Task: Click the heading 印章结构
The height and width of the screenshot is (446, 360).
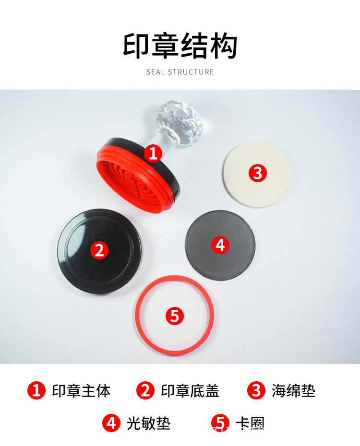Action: (x=180, y=46)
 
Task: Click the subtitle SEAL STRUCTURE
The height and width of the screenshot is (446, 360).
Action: (x=180, y=72)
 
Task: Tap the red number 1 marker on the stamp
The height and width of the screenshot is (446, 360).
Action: (x=153, y=153)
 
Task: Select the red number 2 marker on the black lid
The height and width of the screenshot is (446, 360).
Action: (x=99, y=250)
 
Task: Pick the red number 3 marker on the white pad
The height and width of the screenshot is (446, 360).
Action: (x=258, y=173)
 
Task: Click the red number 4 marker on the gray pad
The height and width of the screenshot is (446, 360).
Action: (x=220, y=245)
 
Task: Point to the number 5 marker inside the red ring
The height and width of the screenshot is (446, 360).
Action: (x=174, y=316)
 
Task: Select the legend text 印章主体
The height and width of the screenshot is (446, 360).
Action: (x=81, y=391)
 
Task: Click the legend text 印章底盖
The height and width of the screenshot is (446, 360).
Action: (x=190, y=391)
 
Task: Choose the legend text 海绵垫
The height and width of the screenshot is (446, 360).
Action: (x=294, y=391)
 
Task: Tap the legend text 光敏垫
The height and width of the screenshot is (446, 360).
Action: (x=148, y=423)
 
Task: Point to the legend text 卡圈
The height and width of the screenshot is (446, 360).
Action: (x=250, y=423)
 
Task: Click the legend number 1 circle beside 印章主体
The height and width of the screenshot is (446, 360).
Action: (x=36, y=390)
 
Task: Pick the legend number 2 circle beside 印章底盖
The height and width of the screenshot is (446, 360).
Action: (x=145, y=390)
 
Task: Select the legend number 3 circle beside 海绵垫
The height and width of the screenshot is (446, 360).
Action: (x=256, y=390)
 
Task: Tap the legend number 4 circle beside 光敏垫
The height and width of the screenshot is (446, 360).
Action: (x=111, y=423)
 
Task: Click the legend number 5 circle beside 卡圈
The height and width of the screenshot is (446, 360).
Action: (x=220, y=423)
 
